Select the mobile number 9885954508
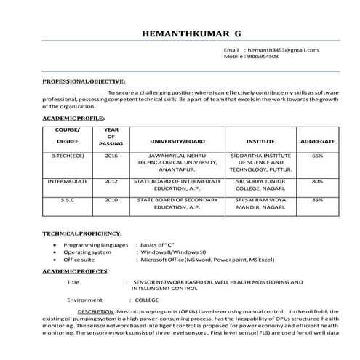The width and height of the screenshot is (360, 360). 267,56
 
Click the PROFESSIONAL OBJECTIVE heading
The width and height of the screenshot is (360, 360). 84,82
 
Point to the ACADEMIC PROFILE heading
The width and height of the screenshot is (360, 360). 73,117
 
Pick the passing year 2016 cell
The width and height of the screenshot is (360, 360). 111,156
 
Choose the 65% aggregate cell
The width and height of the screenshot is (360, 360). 317,156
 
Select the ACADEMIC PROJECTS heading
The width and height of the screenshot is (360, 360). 76,270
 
